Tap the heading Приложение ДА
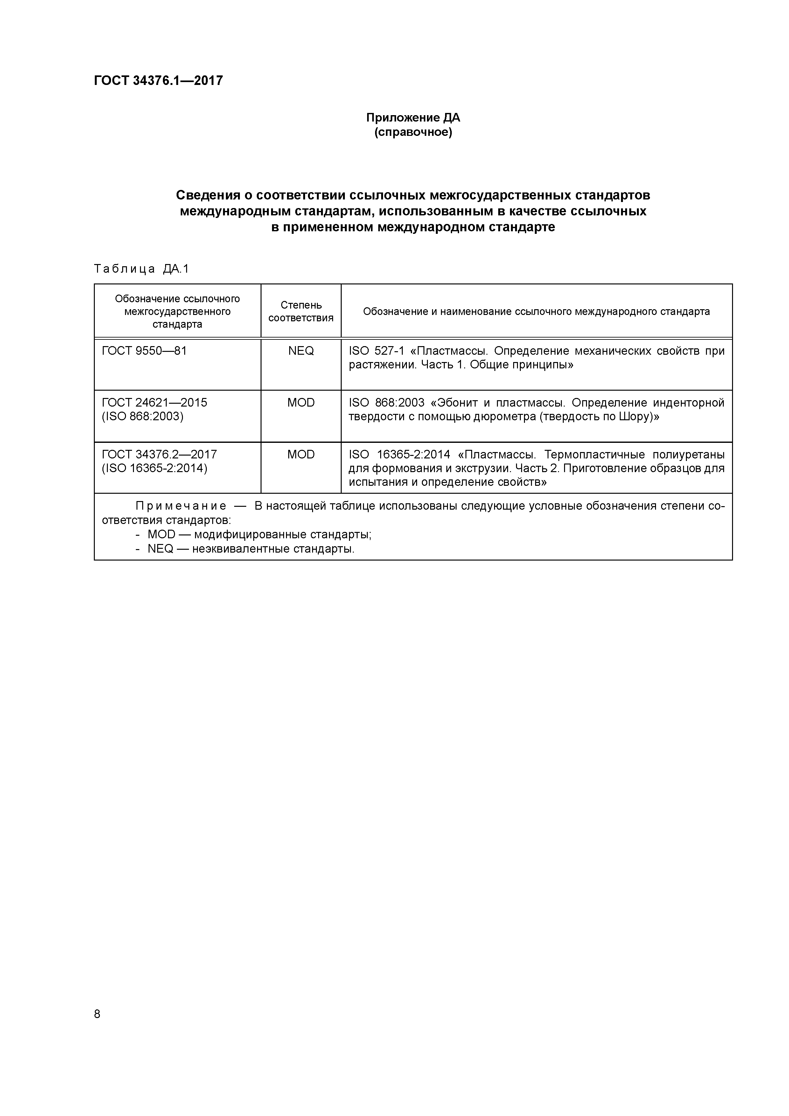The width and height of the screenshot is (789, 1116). pos(413,118)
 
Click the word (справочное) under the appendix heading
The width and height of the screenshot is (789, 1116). pos(413,132)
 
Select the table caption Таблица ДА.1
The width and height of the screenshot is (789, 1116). pos(141,269)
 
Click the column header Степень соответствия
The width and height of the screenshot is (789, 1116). pos(301,311)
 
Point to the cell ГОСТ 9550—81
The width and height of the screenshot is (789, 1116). pos(144,351)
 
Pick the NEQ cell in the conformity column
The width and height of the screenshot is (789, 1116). pos(301,351)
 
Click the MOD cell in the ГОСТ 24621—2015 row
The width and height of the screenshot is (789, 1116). pos(301,402)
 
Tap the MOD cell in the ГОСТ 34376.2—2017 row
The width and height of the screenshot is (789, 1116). pos(301,455)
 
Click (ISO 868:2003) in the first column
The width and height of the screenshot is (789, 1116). pos(143,416)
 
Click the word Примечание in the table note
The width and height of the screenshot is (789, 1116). pos(181,506)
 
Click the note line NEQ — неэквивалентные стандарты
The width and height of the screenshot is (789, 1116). pos(251,549)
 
